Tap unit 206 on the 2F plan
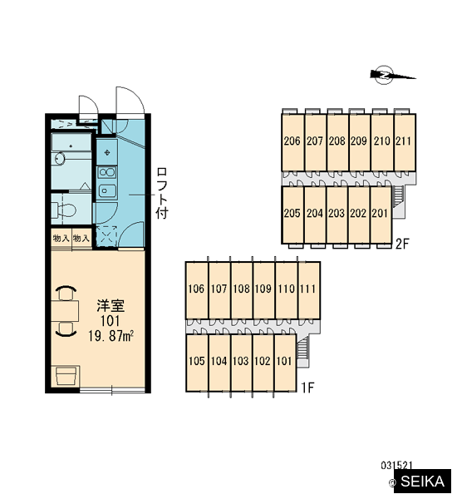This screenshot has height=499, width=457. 292,142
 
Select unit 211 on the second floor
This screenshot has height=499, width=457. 405,142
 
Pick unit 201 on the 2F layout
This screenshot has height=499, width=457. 381,215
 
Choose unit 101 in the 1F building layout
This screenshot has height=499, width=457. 285,363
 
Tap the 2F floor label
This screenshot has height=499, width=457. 401,244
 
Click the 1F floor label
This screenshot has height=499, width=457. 307,388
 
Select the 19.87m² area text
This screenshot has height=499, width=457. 111,336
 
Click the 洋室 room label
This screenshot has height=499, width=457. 111,305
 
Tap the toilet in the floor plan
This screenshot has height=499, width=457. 66,210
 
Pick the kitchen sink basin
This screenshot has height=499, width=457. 107,191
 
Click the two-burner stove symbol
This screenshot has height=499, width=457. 107,173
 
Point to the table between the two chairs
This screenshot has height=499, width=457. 65,310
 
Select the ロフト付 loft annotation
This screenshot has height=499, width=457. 162,193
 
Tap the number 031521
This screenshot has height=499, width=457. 396,466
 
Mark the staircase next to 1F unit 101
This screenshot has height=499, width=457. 302,348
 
